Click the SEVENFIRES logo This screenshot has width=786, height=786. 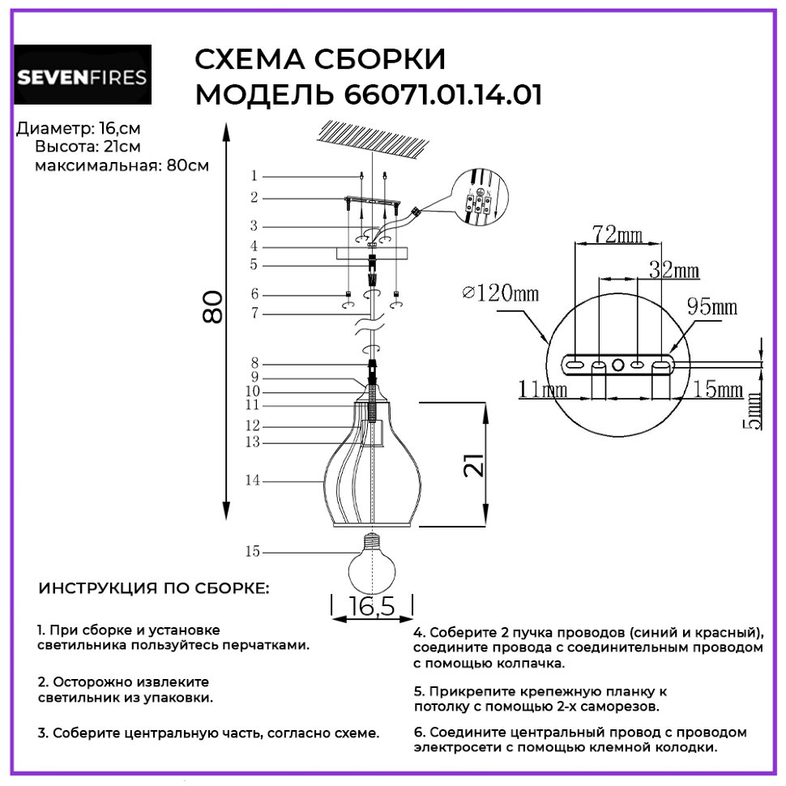pyautogui.click(x=83, y=75)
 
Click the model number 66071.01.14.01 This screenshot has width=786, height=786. pyautogui.click(x=443, y=96)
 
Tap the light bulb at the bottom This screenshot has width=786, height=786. pyautogui.click(x=371, y=563)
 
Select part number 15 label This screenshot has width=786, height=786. pyautogui.click(x=253, y=551)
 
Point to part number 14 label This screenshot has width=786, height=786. pyautogui.click(x=253, y=481)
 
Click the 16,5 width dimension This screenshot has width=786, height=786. pyautogui.click(x=371, y=606)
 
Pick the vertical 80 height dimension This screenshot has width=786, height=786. pyautogui.click(x=212, y=307)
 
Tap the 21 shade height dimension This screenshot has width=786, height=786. pyautogui.click(x=474, y=464)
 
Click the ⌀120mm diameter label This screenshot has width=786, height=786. pyautogui.click(x=500, y=293)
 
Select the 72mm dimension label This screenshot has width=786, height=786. pyautogui.click(x=617, y=234)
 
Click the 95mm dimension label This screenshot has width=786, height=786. pyautogui.click(x=711, y=306)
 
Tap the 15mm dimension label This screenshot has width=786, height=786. pyautogui.click(x=718, y=390)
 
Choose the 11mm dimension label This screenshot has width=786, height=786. pyautogui.click(x=542, y=389)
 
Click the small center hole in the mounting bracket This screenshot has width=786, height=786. pyautogui.click(x=618, y=365)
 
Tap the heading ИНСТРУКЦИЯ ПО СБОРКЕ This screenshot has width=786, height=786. pyautogui.click(x=154, y=588)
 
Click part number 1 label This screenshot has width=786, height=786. pyautogui.click(x=254, y=176)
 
